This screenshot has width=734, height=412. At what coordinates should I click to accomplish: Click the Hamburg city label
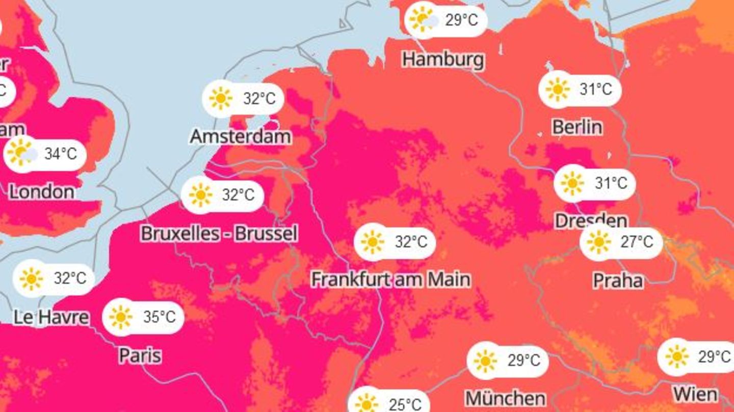(443, 60)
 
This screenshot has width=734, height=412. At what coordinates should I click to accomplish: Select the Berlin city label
(578, 127)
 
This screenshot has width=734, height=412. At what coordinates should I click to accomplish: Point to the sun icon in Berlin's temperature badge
(557, 89)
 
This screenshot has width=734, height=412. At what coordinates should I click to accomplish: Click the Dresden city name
(591, 221)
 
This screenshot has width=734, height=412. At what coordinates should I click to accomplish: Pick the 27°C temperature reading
(636, 241)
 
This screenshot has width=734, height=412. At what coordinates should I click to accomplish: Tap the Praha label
(618, 280)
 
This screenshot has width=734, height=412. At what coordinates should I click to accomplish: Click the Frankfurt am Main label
(391, 279)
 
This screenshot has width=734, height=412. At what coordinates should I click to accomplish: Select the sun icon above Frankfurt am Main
(373, 241)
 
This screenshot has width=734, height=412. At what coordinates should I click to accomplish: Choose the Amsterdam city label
(241, 136)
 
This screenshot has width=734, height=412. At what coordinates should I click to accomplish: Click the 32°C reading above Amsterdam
(259, 98)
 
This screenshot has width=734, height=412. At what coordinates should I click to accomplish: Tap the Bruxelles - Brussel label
(219, 234)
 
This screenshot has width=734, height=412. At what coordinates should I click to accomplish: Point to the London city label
(42, 191)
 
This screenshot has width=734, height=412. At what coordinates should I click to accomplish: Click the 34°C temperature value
(60, 154)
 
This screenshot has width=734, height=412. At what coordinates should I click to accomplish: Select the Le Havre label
(51, 317)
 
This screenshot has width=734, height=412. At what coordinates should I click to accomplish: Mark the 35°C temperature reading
(159, 317)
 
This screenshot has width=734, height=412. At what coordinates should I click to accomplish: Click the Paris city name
(140, 355)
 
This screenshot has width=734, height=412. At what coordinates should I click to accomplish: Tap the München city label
(506, 397)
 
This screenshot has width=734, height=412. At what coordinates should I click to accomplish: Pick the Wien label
(695, 394)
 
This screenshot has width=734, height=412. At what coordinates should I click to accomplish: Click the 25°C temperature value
(405, 404)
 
